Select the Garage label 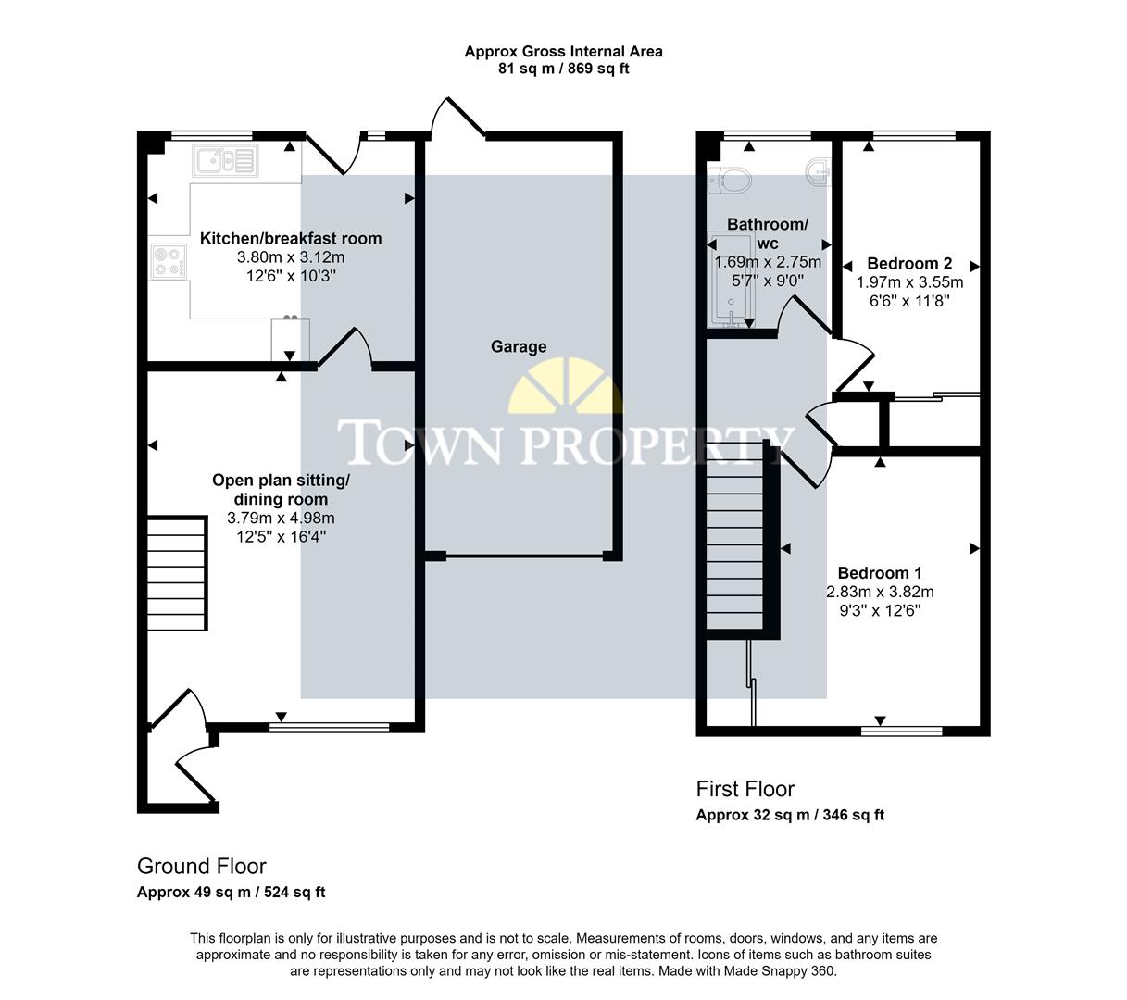(519, 346)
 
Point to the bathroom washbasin (817, 171)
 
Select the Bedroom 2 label (909, 264)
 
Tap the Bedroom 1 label (880, 572)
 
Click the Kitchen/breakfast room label (291, 238)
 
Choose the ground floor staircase (176, 574)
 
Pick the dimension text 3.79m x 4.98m (282, 518)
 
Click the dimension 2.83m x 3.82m (880, 592)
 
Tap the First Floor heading (745, 789)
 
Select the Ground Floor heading (201, 866)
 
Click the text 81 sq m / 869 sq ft (563, 69)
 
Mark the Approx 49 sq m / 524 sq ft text (231, 893)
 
